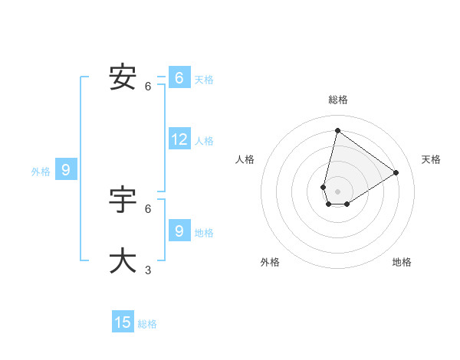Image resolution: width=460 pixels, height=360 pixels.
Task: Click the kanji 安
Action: pos(123,77)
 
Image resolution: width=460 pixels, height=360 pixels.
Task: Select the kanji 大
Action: pos(123,260)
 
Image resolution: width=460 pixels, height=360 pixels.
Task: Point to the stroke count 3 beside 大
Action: pos(148,270)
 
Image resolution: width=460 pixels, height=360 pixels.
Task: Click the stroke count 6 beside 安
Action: pos(148,87)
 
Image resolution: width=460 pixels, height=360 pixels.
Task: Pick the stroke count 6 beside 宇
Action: pos(148,208)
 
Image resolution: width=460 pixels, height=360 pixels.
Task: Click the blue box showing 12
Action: pos(179,139)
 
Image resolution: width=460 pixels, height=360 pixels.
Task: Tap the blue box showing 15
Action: pos(123,322)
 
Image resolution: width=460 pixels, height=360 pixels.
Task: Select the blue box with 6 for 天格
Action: pos(179,78)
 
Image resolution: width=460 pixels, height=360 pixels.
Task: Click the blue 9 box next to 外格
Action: pos(66,170)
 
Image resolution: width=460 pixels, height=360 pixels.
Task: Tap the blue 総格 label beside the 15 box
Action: pos(147,324)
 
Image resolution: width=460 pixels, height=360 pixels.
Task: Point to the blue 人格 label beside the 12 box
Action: pos(204,141)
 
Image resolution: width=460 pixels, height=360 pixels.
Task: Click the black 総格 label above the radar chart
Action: pos(337,100)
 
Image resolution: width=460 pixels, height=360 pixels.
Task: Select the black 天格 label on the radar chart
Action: pos(431,159)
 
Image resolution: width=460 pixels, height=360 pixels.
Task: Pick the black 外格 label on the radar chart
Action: pos(270,262)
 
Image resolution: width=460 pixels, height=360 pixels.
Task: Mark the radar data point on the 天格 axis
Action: pos(396,172)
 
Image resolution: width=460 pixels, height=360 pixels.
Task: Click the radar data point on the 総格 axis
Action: pos(337,130)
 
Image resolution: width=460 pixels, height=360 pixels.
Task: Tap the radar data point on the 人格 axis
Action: pos(324,187)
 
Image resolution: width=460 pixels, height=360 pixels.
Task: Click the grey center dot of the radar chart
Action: pos(337,191)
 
